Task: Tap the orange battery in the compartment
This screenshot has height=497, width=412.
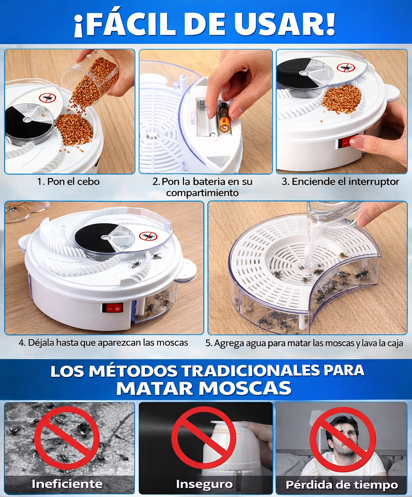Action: pyautogui.click(x=223, y=118)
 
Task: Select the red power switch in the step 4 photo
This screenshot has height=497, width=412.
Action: pyautogui.click(x=112, y=308)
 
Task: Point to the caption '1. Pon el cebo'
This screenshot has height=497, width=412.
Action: pyautogui.click(x=68, y=181)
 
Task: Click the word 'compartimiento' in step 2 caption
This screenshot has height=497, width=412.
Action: pyautogui.click(x=202, y=193)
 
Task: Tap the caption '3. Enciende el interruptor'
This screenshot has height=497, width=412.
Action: pyautogui.click(x=340, y=181)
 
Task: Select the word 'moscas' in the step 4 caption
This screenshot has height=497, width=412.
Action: pyautogui.click(x=172, y=343)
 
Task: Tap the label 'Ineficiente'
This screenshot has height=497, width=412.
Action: pyautogui.click(x=67, y=483)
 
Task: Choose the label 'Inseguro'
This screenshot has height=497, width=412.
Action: pyautogui.click(x=204, y=484)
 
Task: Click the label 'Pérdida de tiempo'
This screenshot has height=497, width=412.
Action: pyautogui.click(x=342, y=485)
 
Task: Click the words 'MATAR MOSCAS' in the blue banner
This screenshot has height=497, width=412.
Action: pyautogui.click(x=204, y=388)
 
